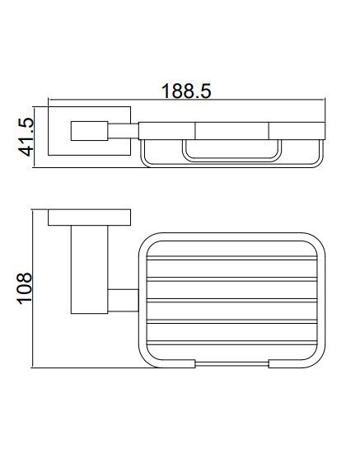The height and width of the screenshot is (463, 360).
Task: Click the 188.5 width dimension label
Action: pyautogui.click(x=186, y=91)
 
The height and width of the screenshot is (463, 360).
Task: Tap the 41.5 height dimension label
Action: pyautogui.click(x=26, y=137)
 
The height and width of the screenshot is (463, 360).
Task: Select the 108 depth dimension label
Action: pyautogui.click(x=24, y=288)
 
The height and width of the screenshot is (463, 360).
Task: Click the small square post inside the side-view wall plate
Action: pyautogui.click(x=89, y=131)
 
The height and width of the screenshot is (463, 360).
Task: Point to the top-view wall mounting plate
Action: pyautogui.click(x=89, y=217)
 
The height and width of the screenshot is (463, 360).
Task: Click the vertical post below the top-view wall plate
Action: pyautogui.click(x=90, y=269)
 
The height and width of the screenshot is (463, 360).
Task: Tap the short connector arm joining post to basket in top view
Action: pyautogui.click(x=123, y=301)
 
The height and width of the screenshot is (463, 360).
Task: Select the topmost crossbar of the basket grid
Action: pyautogui.click(x=231, y=258)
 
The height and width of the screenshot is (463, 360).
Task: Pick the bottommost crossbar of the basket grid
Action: pyautogui.click(x=231, y=343)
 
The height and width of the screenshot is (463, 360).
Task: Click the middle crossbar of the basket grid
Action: pyautogui.click(x=231, y=301)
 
